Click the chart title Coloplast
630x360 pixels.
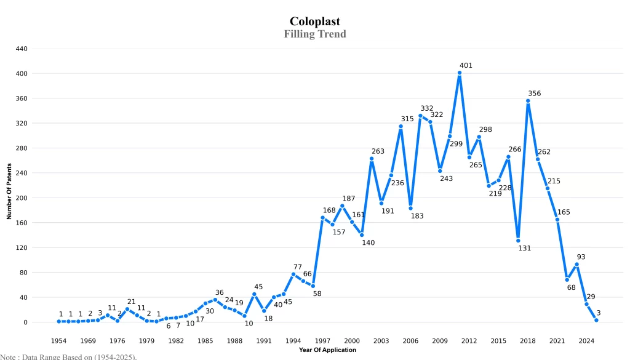(x=315, y=22)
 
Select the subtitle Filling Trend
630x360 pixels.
(x=315, y=34)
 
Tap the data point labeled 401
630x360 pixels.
(x=460, y=73)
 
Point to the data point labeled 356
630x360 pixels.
(x=528, y=101)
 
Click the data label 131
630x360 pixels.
(x=524, y=248)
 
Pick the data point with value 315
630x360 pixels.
(x=401, y=126)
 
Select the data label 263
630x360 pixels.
(x=378, y=151)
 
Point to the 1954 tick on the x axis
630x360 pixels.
(x=58, y=340)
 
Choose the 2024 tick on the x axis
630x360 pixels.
(x=586, y=340)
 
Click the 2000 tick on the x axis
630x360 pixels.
(x=352, y=340)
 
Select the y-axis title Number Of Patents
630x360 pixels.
(x=9, y=191)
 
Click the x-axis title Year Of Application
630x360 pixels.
(x=327, y=350)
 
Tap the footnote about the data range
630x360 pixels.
(x=68, y=356)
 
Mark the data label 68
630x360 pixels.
(x=571, y=287)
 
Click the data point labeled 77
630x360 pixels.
(x=293, y=274)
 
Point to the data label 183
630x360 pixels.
(x=417, y=216)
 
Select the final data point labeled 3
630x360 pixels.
(x=596, y=320)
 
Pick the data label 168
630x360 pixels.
(x=329, y=210)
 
